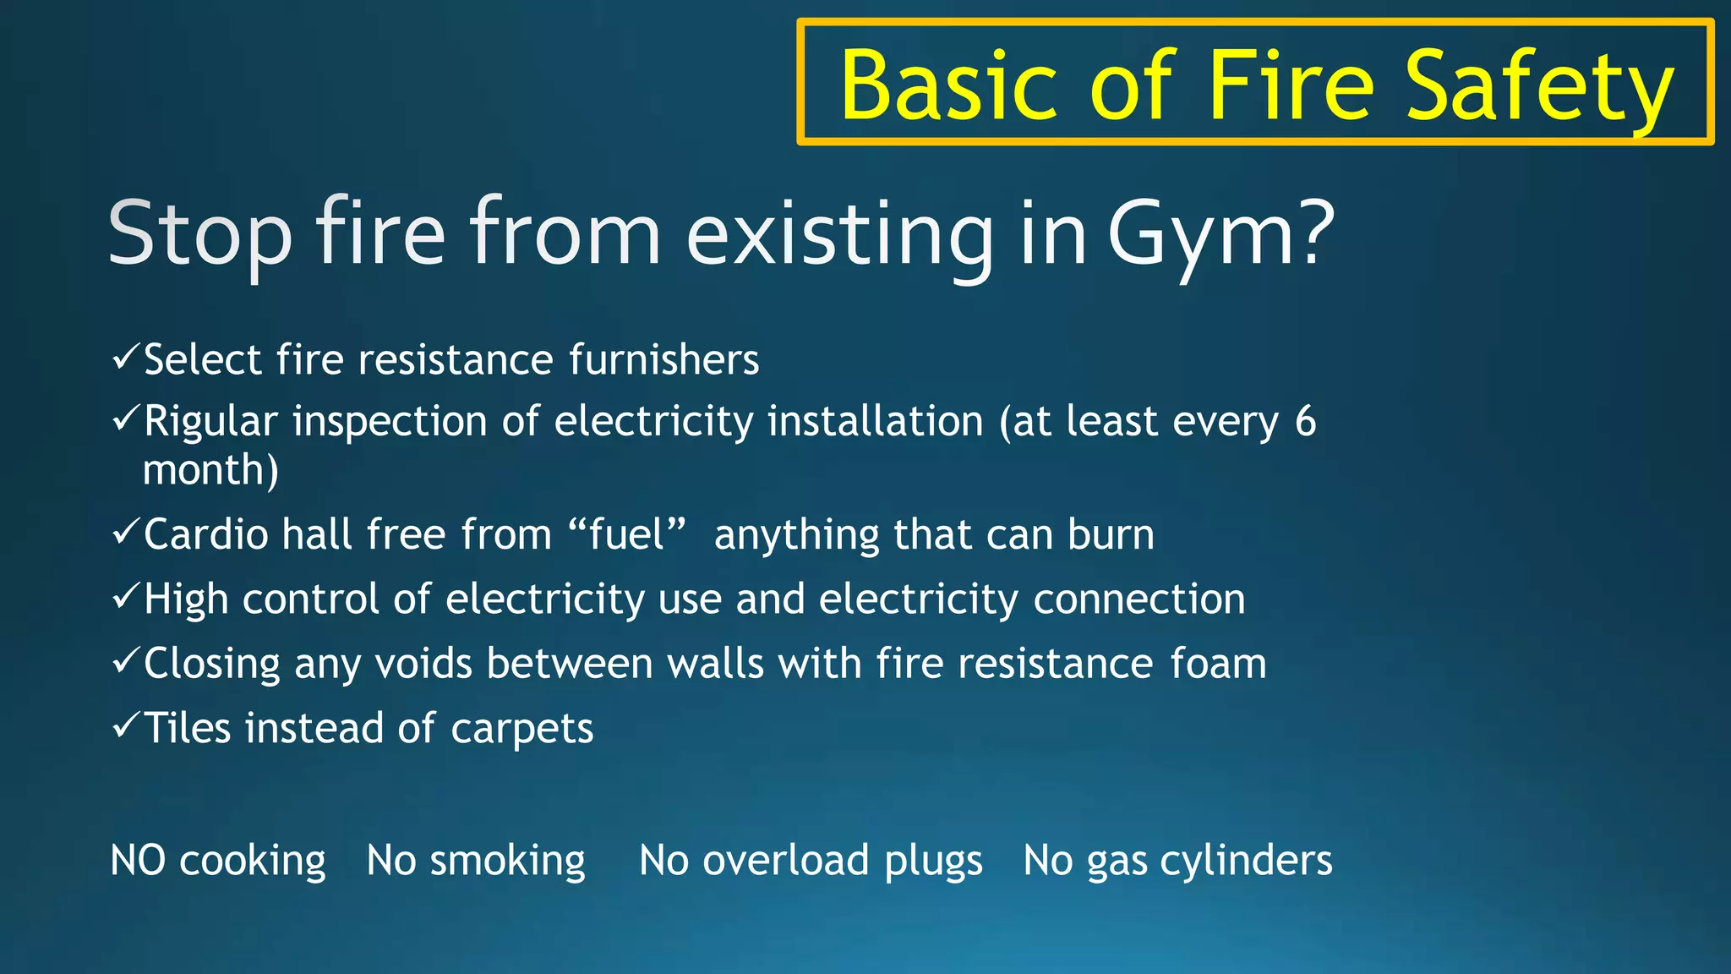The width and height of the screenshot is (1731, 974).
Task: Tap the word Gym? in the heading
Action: (x=1220, y=235)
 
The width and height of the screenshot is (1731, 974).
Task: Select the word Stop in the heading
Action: (x=199, y=235)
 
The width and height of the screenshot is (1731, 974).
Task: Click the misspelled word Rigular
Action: (x=210, y=421)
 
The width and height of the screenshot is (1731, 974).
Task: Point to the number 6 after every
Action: (x=1305, y=421)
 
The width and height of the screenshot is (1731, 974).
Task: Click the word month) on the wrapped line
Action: (x=210, y=470)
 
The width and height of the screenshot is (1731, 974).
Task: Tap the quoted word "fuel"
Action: (x=626, y=534)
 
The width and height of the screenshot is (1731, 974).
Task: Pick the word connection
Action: (x=1139, y=599)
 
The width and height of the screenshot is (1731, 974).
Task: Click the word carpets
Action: (x=521, y=729)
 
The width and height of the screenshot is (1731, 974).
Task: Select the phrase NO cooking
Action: (x=218, y=861)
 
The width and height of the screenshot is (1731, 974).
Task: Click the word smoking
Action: (x=507, y=861)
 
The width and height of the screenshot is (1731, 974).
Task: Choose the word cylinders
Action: (x=1246, y=861)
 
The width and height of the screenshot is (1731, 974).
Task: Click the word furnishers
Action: (x=663, y=359)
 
